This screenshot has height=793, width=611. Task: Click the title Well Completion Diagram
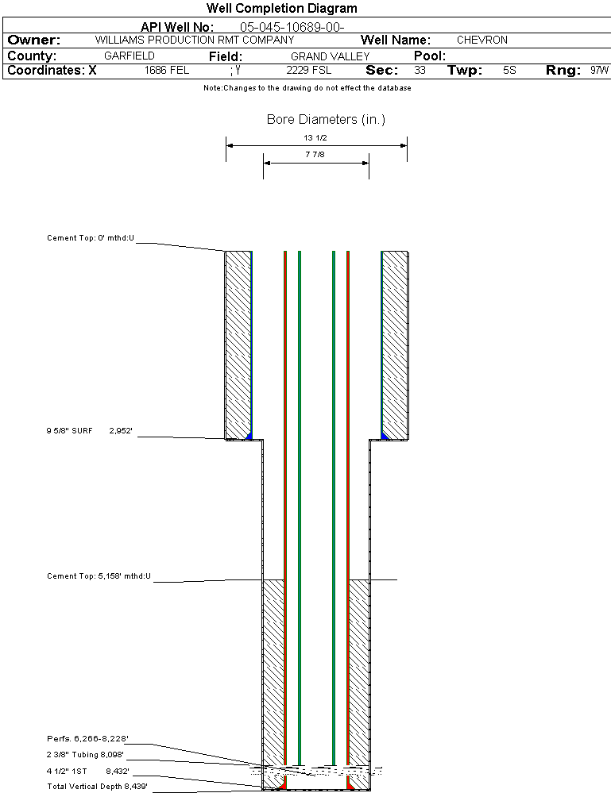281,9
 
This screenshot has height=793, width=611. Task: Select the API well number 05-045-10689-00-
292,27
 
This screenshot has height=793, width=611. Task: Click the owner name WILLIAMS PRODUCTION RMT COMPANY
194,40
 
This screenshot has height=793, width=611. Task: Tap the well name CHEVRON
481,40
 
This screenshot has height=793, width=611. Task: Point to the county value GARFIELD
130,56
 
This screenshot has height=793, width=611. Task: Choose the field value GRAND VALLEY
330,56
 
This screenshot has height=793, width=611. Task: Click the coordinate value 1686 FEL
167,71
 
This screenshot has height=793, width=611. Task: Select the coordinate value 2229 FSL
309,71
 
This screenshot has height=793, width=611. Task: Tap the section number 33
420,71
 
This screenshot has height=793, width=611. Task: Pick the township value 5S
509,71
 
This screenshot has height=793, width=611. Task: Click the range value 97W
600,71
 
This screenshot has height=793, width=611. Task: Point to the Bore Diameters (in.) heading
326,120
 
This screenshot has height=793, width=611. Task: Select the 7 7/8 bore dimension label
315,155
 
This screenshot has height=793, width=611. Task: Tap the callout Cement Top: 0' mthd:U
91,237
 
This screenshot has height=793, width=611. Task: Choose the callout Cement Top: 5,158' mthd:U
99,576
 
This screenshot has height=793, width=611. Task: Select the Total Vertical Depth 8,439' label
97,786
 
